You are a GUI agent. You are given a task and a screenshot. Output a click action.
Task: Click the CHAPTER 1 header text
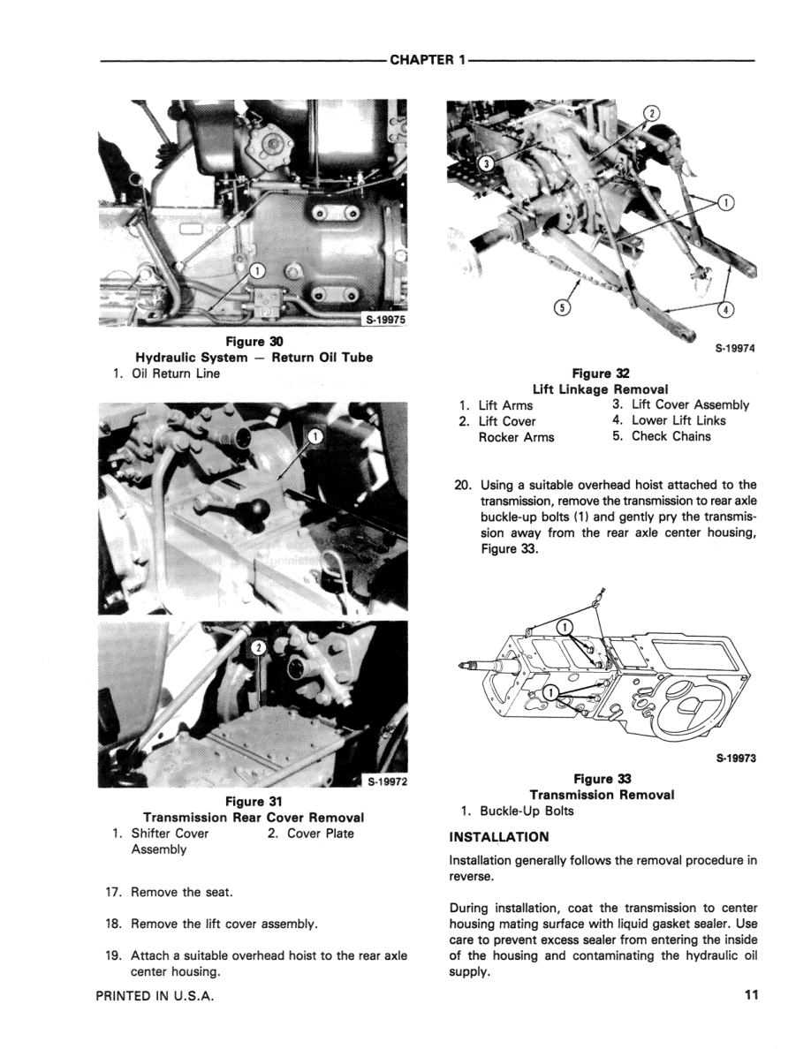(427, 60)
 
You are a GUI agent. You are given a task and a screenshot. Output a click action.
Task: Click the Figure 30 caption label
(253, 342)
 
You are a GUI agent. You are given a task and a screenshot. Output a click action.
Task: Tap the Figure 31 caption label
(253, 802)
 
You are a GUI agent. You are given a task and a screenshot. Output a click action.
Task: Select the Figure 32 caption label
(600, 374)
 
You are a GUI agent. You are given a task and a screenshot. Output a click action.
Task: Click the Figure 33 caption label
(601, 779)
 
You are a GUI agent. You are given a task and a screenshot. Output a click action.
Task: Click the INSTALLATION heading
(499, 836)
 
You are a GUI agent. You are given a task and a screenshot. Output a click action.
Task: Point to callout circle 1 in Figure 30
(255, 270)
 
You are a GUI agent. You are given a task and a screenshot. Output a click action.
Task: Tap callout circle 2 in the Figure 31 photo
(257, 647)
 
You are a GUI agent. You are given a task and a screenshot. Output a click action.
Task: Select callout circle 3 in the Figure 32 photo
(486, 162)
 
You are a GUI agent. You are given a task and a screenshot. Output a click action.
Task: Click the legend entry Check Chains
(671, 436)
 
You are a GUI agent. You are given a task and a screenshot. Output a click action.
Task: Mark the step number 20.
(461, 485)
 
